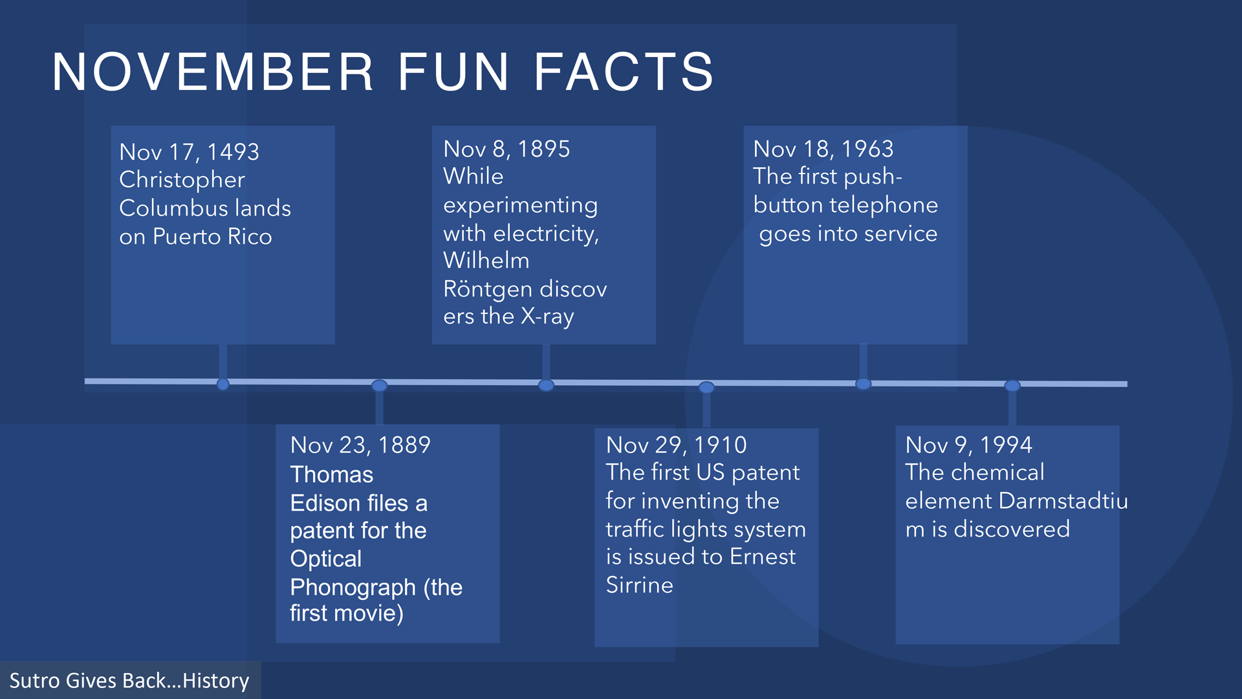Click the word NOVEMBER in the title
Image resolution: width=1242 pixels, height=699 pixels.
tap(213, 72)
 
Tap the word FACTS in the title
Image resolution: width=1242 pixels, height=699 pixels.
tap(624, 72)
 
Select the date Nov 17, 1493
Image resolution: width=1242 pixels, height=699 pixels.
tap(189, 152)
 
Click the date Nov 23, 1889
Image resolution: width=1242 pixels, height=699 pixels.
tap(360, 445)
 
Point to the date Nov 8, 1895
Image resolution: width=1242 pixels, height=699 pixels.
tap(507, 150)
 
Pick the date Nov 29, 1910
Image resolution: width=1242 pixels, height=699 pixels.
tap(676, 445)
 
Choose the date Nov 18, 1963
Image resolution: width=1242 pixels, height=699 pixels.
tap(823, 150)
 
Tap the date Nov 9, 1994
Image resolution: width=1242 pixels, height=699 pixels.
tap(968, 445)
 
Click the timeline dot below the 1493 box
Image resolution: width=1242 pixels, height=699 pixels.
tap(223, 384)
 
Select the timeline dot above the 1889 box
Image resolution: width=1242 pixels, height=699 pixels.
tap(380, 386)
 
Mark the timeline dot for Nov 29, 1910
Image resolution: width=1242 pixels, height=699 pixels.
tap(706, 388)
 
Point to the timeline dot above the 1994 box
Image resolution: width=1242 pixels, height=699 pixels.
tap(1012, 386)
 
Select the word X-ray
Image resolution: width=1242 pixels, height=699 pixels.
tap(547, 316)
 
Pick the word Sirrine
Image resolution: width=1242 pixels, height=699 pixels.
tap(639, 585)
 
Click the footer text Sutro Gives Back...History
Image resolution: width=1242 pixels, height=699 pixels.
tap(129, 681)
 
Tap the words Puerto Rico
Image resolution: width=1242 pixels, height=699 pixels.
tap(212, 237)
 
